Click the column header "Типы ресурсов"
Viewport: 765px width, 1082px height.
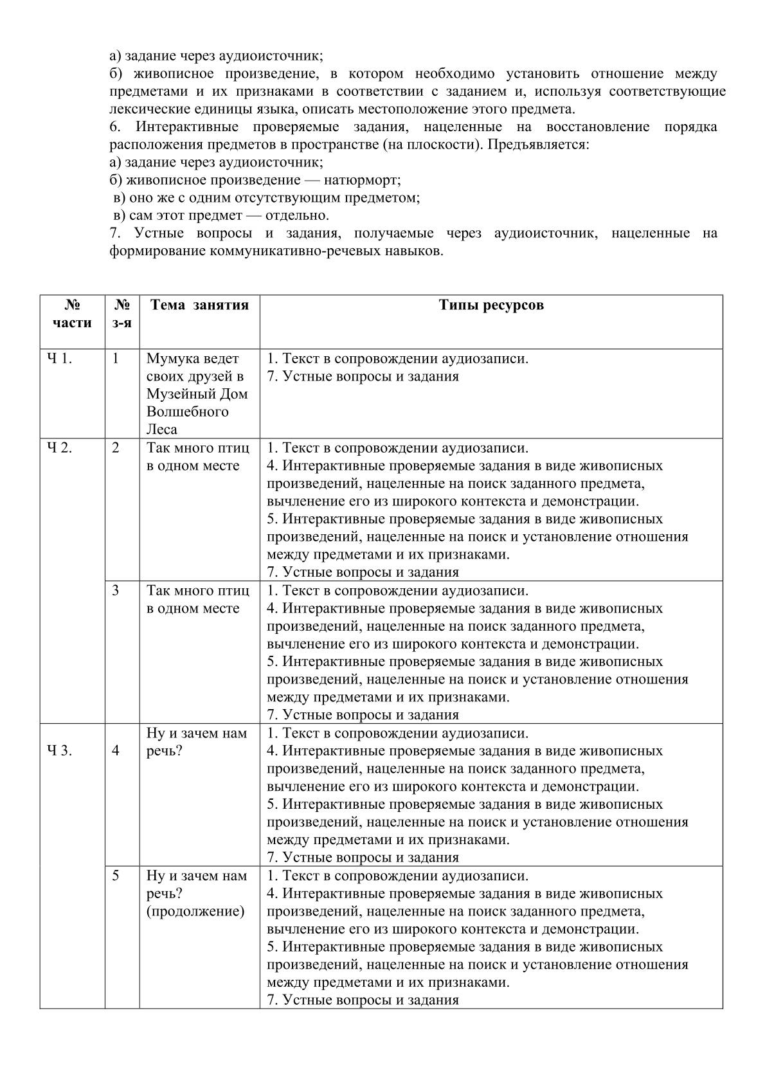(491, 305)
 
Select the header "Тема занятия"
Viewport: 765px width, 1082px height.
(199, 305)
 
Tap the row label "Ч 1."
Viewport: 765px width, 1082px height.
(59, 359)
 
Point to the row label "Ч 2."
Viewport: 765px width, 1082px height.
(59, 448)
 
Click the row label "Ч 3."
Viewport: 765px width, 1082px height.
(59, 750)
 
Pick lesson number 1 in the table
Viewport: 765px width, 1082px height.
(116, 359)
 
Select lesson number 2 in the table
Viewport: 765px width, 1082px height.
(116, 448)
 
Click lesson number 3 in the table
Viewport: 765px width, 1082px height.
(116, 590)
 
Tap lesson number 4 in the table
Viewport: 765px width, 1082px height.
(116, 750)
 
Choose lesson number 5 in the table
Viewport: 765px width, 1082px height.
(116, 876)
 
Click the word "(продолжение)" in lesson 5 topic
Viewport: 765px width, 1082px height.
(195, 911)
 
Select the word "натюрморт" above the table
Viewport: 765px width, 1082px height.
(363, 180)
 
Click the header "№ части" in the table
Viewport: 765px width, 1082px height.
(72, 314)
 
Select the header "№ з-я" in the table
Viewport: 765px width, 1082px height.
(122, 314)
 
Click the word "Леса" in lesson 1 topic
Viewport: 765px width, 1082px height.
(162, 429)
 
